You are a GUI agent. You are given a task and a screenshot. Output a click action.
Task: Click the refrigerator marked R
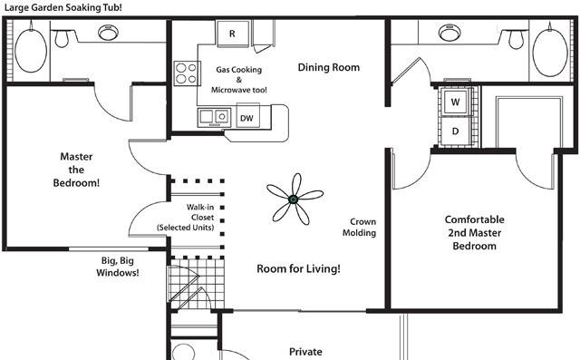233,34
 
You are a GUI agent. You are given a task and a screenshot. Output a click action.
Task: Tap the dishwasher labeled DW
247,117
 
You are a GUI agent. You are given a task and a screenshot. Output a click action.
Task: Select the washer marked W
456,102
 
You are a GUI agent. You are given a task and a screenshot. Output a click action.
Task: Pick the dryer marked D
456,131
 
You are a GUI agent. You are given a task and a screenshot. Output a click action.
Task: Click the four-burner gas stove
187,73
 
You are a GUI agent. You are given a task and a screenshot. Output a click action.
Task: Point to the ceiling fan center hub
293,199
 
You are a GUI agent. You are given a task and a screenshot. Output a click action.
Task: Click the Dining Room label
328,67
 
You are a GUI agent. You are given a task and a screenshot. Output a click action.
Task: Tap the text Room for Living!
298,268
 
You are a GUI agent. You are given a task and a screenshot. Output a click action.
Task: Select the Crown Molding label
360,228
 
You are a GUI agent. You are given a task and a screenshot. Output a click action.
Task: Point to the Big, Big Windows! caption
118,267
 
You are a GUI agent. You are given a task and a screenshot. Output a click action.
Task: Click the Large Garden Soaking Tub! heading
63,7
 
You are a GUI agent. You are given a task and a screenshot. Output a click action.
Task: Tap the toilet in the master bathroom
62,38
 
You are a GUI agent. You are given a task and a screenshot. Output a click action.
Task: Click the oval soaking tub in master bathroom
31,50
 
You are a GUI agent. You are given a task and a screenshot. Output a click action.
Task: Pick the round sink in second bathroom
449,33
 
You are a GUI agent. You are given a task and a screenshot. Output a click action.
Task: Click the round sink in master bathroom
109,33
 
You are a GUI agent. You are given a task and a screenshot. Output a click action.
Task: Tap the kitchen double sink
214,117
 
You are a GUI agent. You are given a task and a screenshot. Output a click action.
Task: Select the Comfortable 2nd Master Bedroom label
475,233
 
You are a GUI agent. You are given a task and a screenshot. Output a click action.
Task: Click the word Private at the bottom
305,352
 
